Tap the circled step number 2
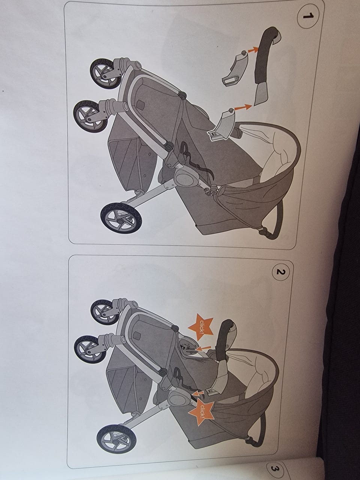click(281, 272)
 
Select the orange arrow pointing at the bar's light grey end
click(243, 107)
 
